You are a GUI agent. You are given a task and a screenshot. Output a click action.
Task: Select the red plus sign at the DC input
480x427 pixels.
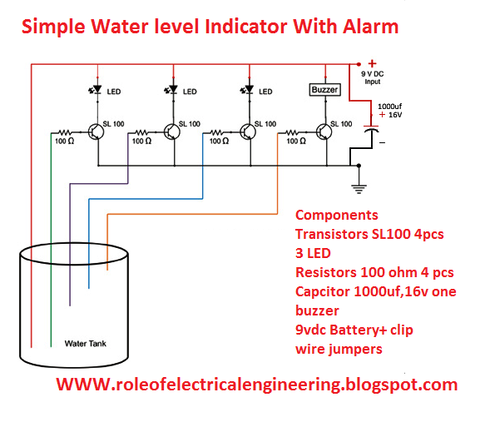372,63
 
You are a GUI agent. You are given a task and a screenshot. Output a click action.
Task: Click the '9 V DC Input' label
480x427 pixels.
372,77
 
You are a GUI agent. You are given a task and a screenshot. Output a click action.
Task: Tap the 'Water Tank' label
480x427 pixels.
86,344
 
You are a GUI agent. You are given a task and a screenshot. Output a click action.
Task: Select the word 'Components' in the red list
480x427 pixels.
336,214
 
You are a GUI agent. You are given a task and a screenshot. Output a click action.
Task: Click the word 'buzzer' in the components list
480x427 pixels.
319,310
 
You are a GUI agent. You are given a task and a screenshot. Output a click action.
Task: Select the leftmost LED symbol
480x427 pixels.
96,91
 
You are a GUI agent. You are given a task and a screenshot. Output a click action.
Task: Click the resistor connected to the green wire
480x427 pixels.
65,132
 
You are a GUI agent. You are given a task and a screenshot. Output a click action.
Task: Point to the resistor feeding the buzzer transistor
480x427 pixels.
293,132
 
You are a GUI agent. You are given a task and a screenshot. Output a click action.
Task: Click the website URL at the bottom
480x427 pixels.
256,385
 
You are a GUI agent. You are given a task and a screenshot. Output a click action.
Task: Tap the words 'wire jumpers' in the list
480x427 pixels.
339,349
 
